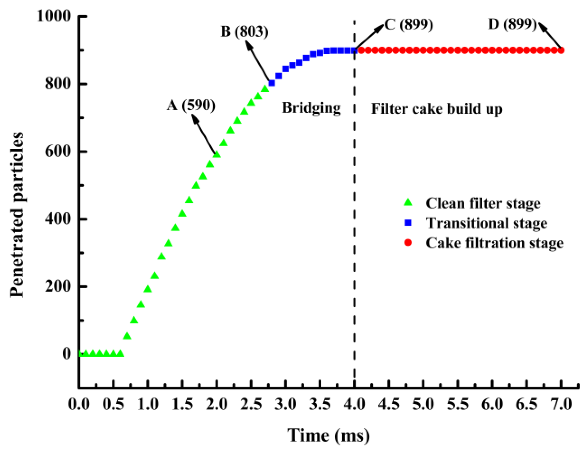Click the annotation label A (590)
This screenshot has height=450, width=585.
coord(191,106)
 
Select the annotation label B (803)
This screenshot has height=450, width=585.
coord(244,32)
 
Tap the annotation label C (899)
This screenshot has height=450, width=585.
coord(408,25)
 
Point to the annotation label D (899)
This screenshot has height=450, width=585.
coord(512,24)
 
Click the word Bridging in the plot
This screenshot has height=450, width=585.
coord(311,108)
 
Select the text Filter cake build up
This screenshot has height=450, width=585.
coord(436,109)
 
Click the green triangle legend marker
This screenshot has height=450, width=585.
coord(408,203)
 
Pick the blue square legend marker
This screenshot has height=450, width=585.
coord(408,223)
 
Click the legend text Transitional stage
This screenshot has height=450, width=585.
coord(486,223)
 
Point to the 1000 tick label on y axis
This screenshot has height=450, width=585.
coord(54,16)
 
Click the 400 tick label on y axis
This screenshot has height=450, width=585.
coord(58,219)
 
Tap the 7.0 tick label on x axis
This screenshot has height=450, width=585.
coord(561,404)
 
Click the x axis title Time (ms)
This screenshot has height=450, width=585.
coord(328,435)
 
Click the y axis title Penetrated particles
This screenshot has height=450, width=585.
coord(17,214)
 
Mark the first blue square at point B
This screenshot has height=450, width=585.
coord(272,83)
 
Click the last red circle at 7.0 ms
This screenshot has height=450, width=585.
coord(561,50)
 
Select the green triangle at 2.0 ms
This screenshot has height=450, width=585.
coord(217,154)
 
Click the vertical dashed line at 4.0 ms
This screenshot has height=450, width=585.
coord(354,217)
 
